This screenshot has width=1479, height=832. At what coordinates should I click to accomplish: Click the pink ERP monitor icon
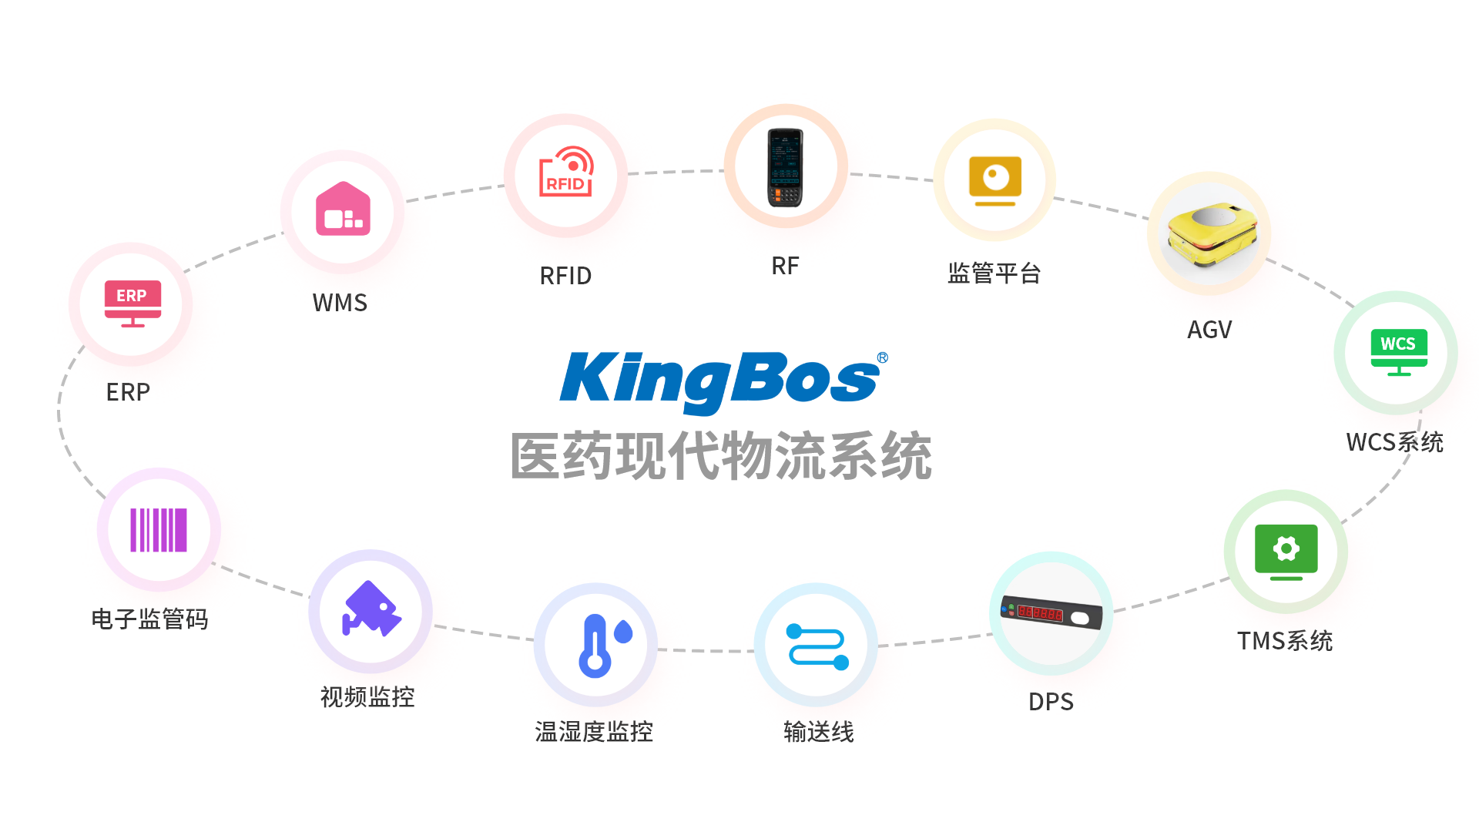(x=132, y=303)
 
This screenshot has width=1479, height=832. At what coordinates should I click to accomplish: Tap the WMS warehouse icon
(x=343, y=210)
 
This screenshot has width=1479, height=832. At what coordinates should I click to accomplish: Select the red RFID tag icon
(x=566, y=173)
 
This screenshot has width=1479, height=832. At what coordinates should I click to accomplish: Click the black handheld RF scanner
(x=785, y=167)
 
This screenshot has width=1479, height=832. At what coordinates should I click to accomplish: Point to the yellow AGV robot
(x=1210, y=234)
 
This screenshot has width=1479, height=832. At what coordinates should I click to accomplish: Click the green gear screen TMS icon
(x=1286, y=552)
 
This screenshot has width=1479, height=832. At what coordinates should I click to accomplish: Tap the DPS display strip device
(x=1051, y=613)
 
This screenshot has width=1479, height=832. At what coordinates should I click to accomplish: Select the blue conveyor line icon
(x=817, y=646)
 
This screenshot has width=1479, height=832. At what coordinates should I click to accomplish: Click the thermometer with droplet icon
(x=603, y=646)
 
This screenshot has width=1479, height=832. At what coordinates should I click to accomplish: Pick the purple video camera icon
(x=371, y=609)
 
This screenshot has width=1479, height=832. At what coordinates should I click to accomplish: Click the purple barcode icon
(x=159, y=530)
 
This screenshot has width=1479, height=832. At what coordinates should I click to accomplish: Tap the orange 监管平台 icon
(x=995, y=180)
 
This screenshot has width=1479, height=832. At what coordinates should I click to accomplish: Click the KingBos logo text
(x=720, y=379)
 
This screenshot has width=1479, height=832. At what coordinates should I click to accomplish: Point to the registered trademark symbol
(x=883, y=357)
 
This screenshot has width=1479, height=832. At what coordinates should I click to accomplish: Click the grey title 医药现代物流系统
(x=721, y=456)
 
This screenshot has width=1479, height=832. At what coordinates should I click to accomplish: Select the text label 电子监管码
(x=150, y=619)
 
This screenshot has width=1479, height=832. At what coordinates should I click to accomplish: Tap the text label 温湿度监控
(x=594, y=731)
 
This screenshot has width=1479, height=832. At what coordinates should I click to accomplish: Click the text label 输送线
(x=819, y=731)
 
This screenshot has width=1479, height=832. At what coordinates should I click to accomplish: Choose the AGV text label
(x=1209, y=330)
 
